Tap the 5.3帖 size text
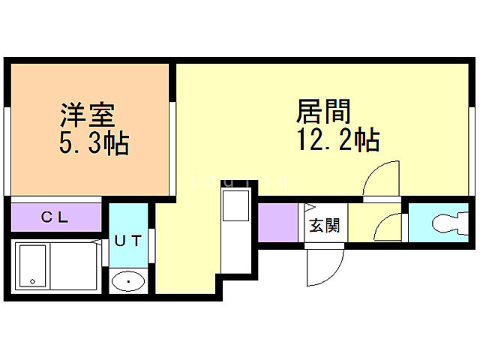(93, 142)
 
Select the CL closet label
(55, 218)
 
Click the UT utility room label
(128, 241)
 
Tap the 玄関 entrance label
(326, 224)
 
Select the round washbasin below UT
(129, 282)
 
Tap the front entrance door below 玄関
(323, 266)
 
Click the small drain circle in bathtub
(32, 281)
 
